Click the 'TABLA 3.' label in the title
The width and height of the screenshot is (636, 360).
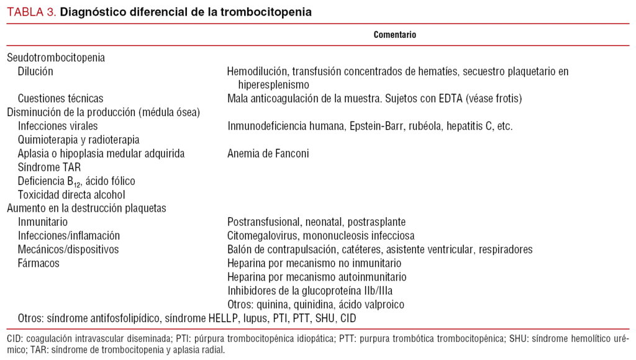point(31,12)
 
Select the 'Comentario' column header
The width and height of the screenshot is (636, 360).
point(395,35)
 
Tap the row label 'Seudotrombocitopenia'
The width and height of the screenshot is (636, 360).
point(56,58)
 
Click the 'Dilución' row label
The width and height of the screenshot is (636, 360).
point(35,71)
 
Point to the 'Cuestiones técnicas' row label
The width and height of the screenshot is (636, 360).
point(60,99)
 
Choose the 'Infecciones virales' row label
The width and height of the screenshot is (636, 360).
point(58,126)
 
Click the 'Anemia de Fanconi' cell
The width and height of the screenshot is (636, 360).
point(268,153)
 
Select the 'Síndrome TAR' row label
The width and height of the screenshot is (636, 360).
point(49,167)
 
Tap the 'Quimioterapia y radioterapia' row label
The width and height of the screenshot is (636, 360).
point(78,140)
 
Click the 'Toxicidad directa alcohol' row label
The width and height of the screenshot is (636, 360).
point(71,194)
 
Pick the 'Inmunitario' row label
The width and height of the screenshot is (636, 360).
point(43,222)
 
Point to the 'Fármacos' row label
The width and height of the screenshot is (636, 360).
point(39,263)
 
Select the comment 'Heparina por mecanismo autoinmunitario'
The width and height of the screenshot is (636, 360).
point(317,277)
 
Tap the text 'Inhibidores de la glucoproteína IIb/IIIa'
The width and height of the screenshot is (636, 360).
point(310,290)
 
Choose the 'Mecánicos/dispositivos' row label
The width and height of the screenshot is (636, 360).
point(68,250)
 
